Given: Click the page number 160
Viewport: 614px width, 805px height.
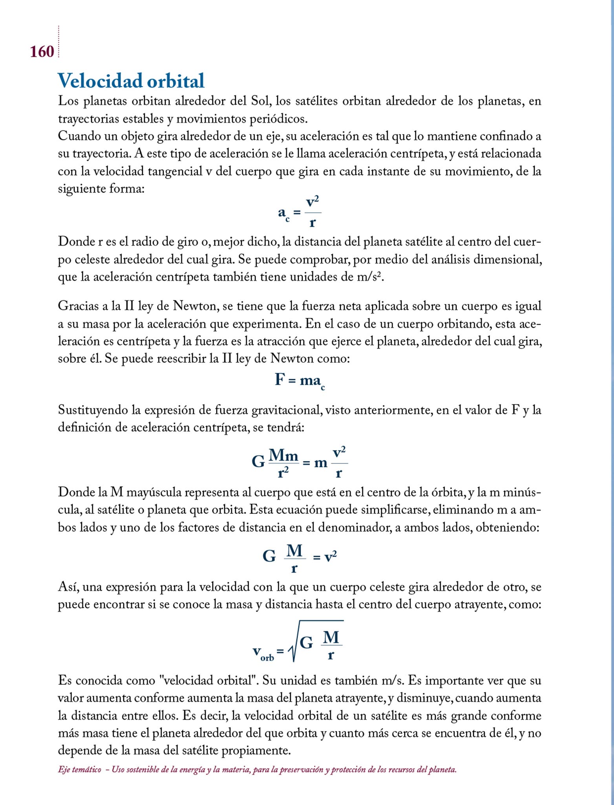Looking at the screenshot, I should (x=42, y=52).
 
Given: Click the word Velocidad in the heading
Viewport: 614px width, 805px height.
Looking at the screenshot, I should (x=100, y=81).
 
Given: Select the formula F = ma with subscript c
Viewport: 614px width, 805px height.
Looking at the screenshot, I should (x=299, y=381).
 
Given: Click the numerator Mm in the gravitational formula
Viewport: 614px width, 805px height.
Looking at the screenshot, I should (x=283, y=456).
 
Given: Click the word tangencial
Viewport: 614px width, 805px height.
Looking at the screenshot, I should (x=168, y=171).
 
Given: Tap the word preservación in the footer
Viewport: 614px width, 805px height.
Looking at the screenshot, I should (x=301, y=770).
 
